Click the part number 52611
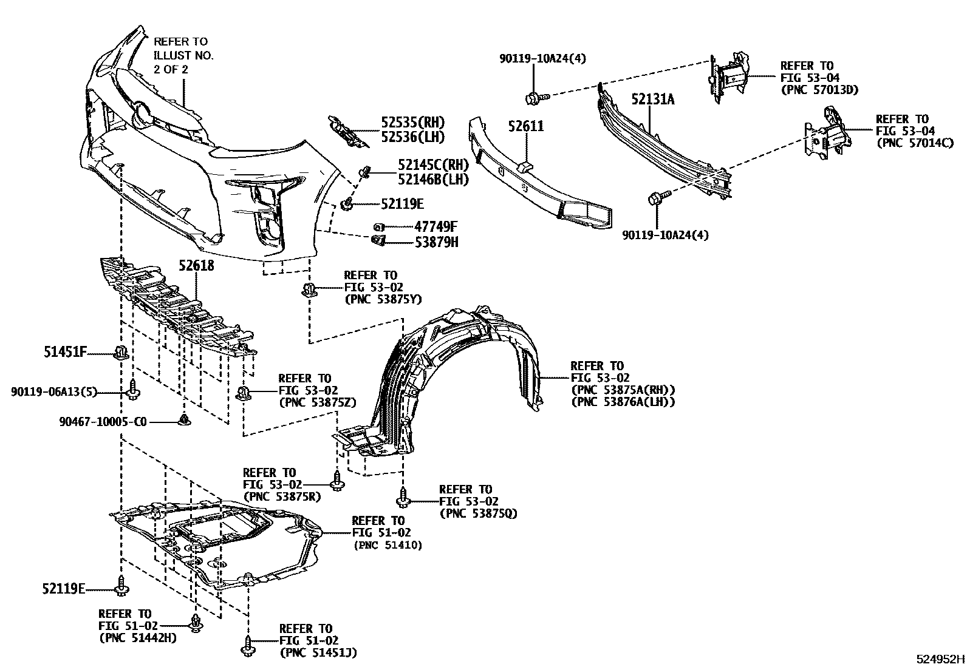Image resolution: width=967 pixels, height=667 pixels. point(527,127)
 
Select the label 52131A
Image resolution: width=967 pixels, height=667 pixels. point(652,99)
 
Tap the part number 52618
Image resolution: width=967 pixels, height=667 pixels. point(196,266)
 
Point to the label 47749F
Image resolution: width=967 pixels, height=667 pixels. point(436,227)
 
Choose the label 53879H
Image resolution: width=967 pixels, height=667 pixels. point(437,243)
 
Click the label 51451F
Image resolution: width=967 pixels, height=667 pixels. point(65,351)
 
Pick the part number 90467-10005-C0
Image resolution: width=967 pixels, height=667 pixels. point(103,421)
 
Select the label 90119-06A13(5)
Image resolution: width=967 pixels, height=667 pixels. point(54,392)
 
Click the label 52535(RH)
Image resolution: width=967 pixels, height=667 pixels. point(413,121)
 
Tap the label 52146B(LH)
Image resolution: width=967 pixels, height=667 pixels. point(433,179)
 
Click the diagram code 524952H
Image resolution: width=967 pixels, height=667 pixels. point(940,659)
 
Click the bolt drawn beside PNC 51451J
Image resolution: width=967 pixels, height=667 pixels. point(247,648)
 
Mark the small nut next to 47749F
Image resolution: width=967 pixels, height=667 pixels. point(378,227)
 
